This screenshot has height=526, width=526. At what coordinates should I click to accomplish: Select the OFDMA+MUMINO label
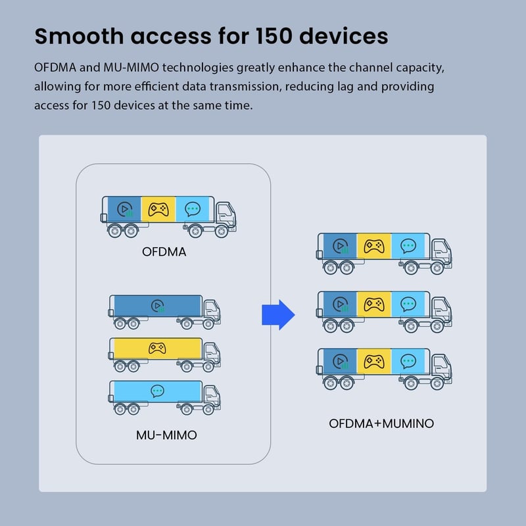click(x=381, y=423)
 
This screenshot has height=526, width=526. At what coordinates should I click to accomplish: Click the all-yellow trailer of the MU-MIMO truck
click(x=157, y=348)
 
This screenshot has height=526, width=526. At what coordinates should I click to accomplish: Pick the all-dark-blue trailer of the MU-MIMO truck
click(x=157, y=306)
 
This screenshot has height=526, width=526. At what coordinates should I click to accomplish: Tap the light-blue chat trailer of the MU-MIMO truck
click(x=157, y=391)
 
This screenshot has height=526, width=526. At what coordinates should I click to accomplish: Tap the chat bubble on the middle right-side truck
click(x=408, y=304)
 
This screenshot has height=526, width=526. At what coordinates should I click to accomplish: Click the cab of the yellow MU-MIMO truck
click(x=211, y=352)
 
